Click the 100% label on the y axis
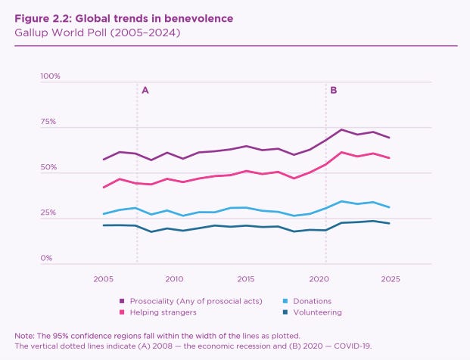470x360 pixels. click(50, 76)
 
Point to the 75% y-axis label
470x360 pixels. click(48, 122)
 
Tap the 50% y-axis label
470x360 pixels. click(48, 167)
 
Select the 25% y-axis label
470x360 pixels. click(48, 213)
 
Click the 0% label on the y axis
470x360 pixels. click(46, 258)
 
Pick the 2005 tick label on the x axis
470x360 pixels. click(104, 279)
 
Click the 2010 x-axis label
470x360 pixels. click(175, 279)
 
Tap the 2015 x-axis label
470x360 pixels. click(247, 279)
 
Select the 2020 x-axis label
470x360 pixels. click(319, 279)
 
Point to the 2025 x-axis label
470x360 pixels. click(391, 279)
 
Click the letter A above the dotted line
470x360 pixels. click(145, 90)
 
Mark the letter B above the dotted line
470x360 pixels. click(334, 90)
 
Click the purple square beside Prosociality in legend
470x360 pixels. click(123, 301)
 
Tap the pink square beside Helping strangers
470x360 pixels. click(123, 312)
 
